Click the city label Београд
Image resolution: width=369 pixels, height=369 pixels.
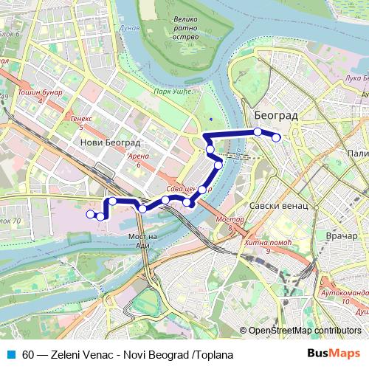pos(275,116)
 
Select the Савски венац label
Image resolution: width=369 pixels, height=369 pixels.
pos(277,206)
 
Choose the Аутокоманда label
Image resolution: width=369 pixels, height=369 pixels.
pos(342,294)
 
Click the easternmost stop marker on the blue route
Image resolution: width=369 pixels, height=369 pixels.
pos(276,137)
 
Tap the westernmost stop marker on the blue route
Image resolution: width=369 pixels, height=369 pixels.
pos(91,214)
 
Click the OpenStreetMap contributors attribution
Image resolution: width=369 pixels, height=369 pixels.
pos(304,331)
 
